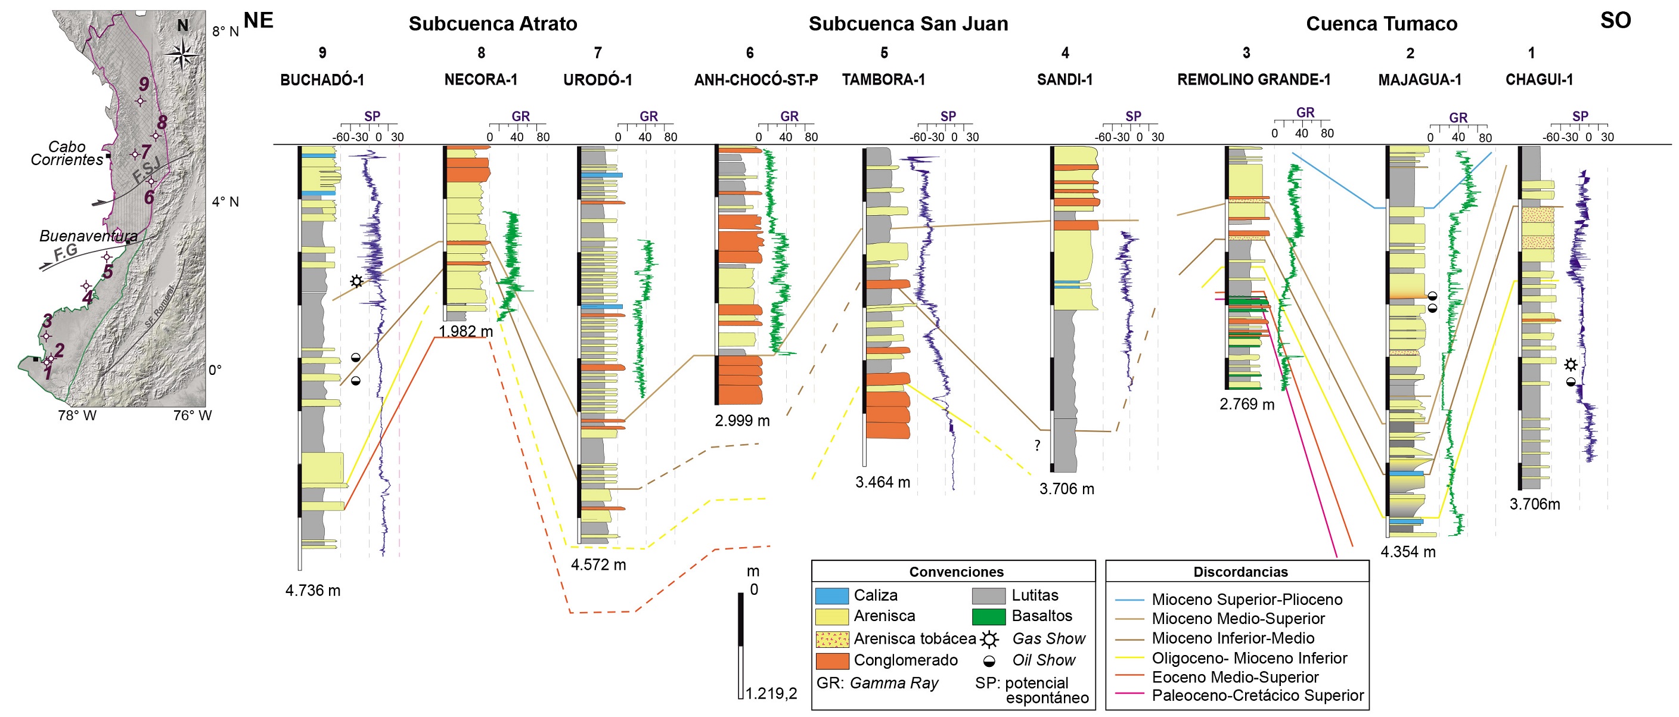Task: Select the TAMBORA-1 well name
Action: (x=883, y=79)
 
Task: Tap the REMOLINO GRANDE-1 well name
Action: (x=1253, y=79)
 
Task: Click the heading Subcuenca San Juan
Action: (x=908, y=24)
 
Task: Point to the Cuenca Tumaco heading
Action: (x=1381, y=24)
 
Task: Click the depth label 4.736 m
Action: (x=313, y=591)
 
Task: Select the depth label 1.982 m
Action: (x=465, y=331)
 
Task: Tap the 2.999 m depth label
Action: (x=741, y=421)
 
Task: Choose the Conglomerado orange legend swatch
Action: (x=831, y=661)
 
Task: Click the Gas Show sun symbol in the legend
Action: (x=989, y=639)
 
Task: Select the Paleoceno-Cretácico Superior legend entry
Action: (x=1257, y=696)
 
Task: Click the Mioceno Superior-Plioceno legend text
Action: (x=1247, y=600)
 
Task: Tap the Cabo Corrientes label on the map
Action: (x=67, y=153)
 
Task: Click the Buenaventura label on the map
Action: (x=88, y=236)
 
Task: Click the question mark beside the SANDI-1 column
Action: (x=1037, y=446)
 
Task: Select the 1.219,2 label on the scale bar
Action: (x=771, y=694)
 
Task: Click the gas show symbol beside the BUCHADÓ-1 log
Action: (x=356, y=281)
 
